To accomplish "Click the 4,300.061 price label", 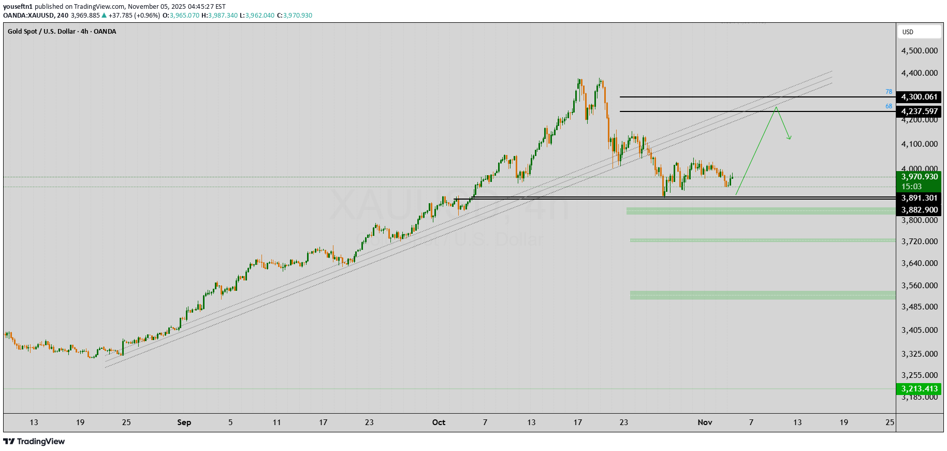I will point(919,97).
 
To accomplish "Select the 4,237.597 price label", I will point(919,111).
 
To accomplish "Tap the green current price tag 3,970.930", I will point(919,177).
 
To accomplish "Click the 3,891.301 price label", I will point(919,198).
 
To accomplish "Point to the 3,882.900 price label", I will point(919,210).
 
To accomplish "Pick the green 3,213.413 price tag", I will point(919,389).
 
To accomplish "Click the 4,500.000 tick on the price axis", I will point(919,51).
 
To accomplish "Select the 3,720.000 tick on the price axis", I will point(919,242).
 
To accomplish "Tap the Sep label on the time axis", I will point(184,422).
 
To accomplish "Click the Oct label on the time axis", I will point(439,422).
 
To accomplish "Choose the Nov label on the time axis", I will point(705,422).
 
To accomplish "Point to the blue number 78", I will point(888,92).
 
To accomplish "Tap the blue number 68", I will point(888,106).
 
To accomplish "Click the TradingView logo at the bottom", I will point(34,442).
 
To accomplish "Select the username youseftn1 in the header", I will point(18,7).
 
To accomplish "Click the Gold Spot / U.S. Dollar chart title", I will point(62,32).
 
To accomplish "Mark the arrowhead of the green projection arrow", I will point(790,138).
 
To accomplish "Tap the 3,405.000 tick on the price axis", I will point(919,330).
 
